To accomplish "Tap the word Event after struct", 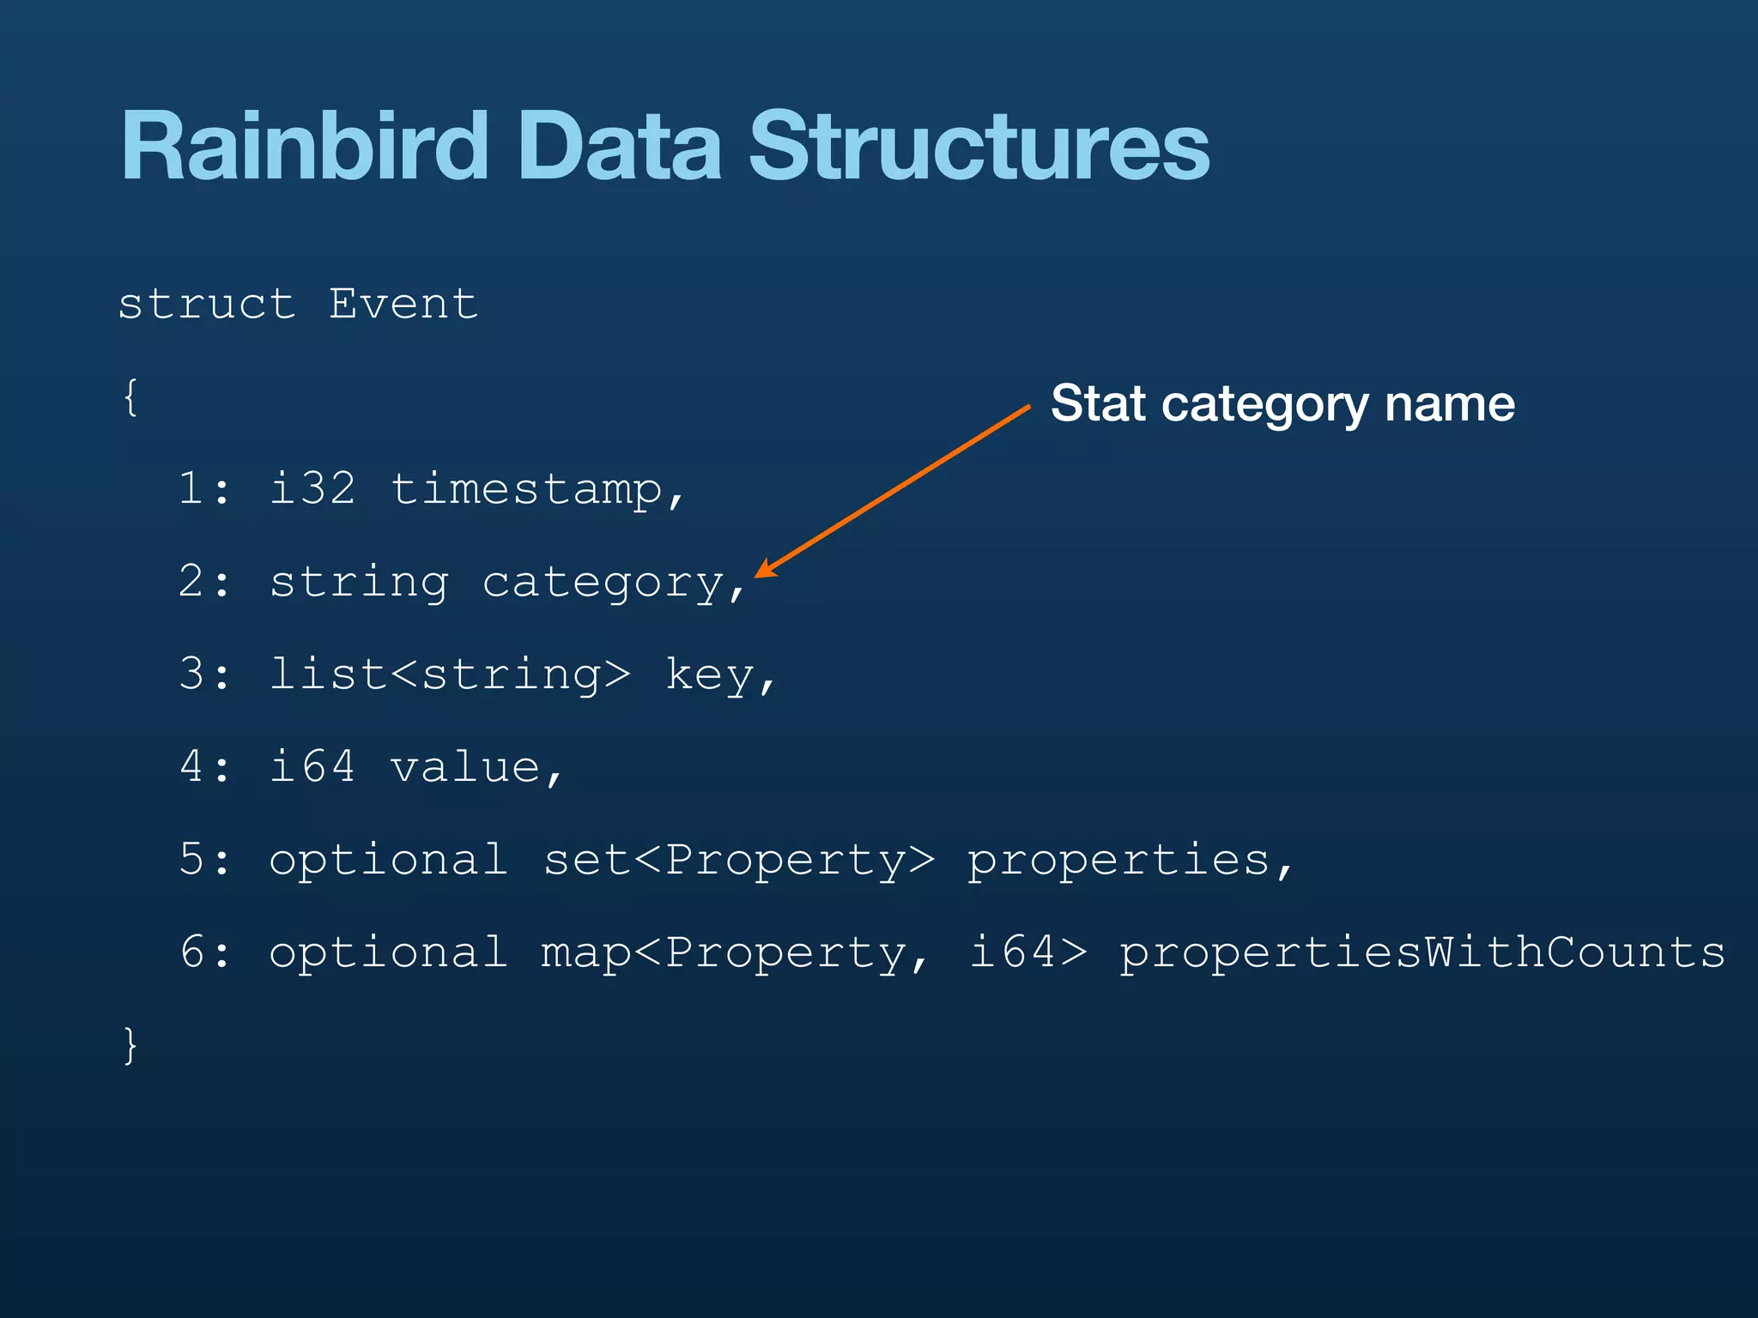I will (403, 304).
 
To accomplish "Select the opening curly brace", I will (130, 396).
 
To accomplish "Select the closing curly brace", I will (130, 1045).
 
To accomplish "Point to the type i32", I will (312, 489).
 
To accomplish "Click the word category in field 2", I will (603, 583).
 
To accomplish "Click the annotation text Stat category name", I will (1282, 403).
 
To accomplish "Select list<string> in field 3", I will (450, 674).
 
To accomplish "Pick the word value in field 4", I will (465, 767).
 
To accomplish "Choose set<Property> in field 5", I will (739, 860).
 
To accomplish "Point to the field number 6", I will (192, 952).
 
